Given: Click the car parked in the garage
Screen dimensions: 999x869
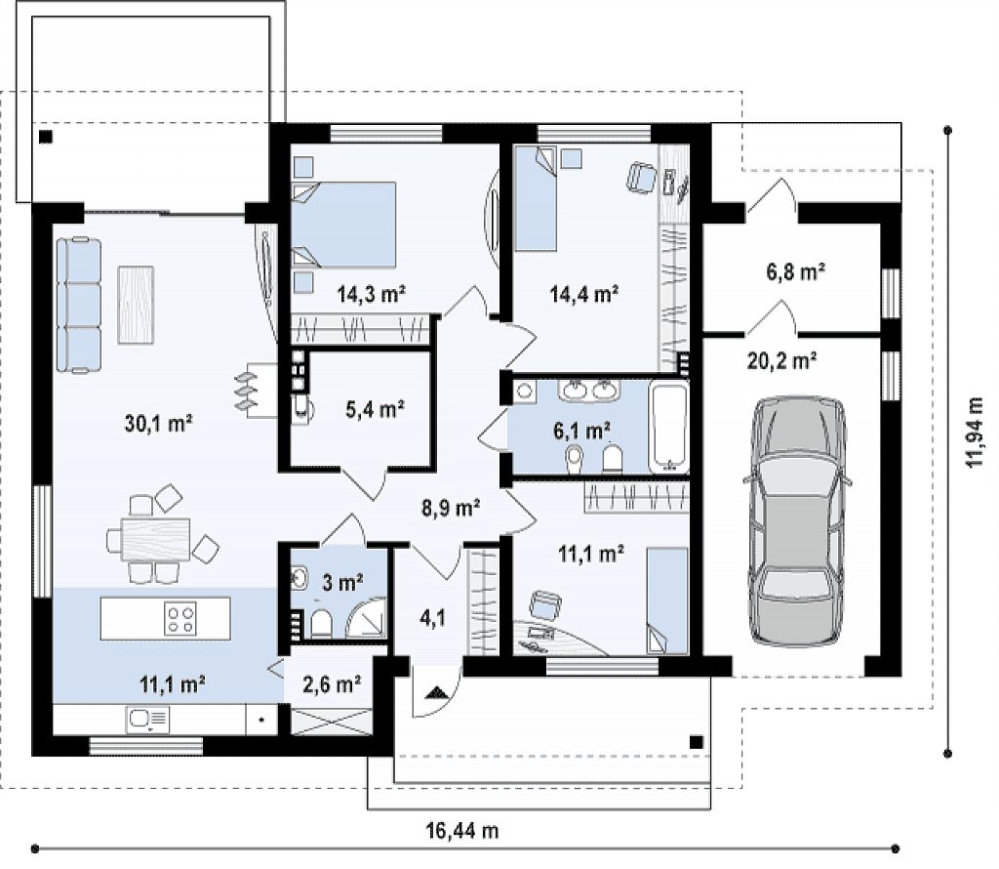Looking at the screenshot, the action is [x=800, y=521].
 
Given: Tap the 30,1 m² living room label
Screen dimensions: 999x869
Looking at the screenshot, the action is [x=159, y=423].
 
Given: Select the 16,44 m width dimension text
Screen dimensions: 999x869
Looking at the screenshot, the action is [x=461, y=830].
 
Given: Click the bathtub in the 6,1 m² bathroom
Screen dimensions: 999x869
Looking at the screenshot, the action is [x=668, y=426].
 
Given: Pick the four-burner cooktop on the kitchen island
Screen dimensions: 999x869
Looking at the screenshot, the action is [x=180, y=619].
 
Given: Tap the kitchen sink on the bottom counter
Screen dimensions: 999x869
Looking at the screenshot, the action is [x=148, y=720].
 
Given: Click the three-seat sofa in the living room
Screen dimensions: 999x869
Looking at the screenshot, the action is [x=79, y=305].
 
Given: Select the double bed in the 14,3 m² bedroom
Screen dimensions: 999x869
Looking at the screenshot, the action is [x=344, y=225].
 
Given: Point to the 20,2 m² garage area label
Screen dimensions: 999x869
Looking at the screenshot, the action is [x=781, y=361].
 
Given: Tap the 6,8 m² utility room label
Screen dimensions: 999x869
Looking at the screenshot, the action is [x=796, y=271].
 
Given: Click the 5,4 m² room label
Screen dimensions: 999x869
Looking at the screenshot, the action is [x=376, y=409].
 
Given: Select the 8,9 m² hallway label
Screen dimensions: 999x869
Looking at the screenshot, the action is [x=451, y=508].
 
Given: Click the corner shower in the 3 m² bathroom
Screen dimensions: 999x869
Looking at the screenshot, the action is [x=365, y=617].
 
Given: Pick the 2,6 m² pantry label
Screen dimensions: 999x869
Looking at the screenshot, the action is [x=332, y=684].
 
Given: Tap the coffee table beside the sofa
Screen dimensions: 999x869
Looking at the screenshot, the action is [x=136, y=305].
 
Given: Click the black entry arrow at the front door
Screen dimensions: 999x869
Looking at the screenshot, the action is [x=436, y=692].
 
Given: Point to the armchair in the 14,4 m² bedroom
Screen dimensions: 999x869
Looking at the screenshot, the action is [x=642, y=177].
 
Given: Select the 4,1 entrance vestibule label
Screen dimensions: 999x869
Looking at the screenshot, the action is [x=432, y=617].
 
